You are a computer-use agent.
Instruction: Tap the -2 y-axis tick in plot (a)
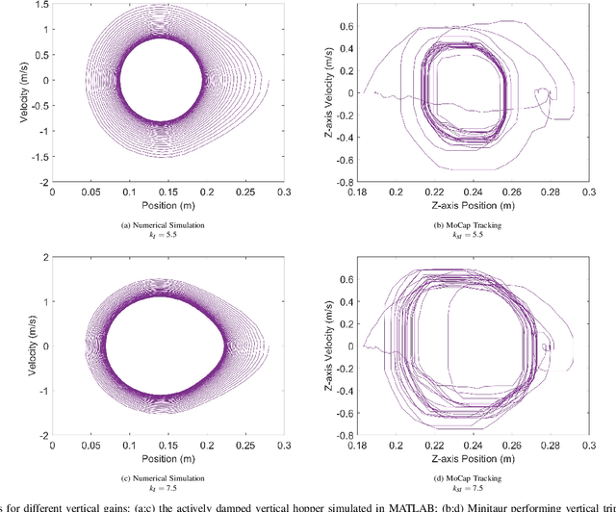coord(41,181)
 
